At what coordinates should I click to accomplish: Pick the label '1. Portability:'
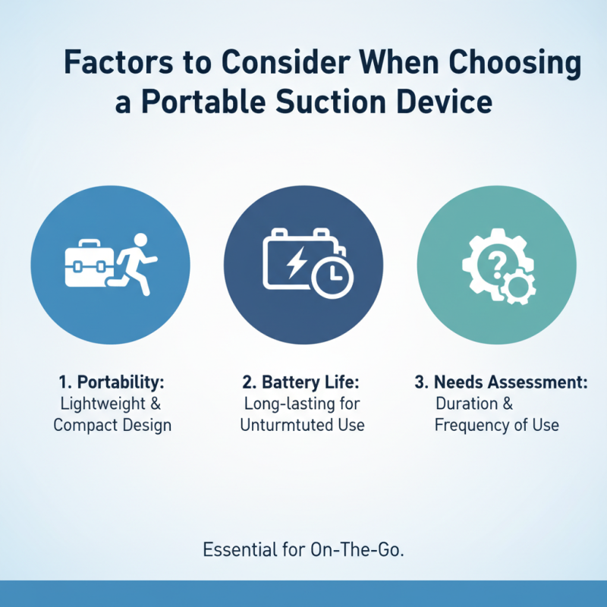click(x=112, y=382)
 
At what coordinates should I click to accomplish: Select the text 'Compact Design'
click(x=112, y=424)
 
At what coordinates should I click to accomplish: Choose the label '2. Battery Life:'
click(x=302, y=382)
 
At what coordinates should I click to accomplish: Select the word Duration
click(x=467, y=404)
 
